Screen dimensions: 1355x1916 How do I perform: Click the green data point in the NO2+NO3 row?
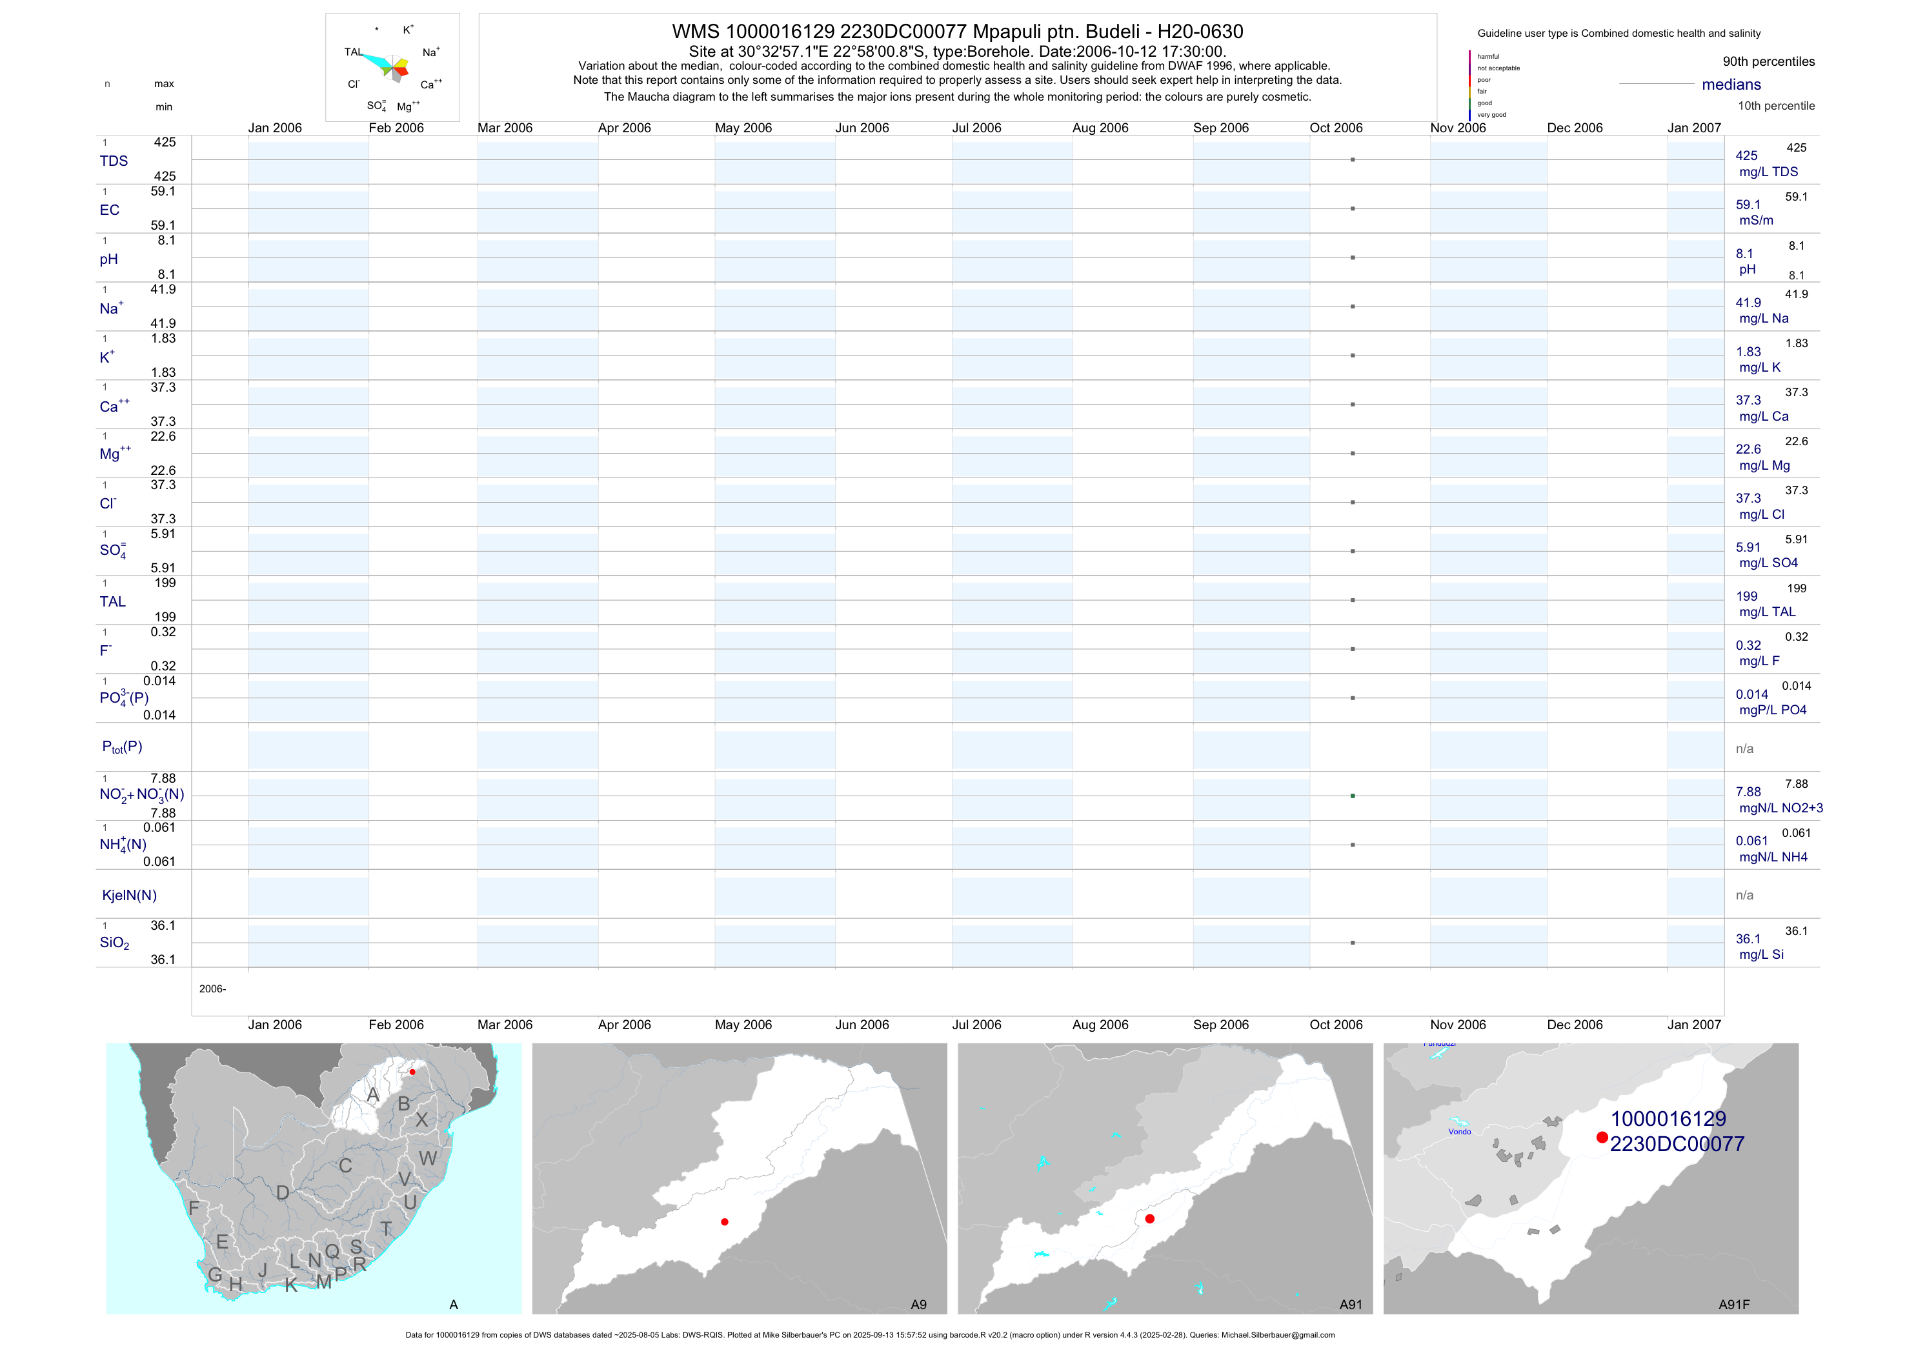coord(1353,796)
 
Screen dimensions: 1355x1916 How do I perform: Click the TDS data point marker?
coord(1353,159)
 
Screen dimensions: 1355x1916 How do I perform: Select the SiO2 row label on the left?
coord(114,943)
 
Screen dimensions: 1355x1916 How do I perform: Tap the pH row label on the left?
coord(108,259)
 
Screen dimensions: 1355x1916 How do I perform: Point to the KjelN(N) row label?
coord(129,896)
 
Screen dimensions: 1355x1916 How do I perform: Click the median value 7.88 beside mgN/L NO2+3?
coord(1748,792)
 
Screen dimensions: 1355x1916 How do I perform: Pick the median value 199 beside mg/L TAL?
coord(1746,597)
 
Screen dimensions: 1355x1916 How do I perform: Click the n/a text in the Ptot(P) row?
coord(1744,748)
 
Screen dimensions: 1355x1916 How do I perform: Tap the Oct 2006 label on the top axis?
coord(1336,128)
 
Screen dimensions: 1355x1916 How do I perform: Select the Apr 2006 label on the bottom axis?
coord(624,1025)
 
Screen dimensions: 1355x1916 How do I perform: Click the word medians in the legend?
coord(1731,85)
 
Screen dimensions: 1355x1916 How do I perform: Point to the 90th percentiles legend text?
coord(1768,62)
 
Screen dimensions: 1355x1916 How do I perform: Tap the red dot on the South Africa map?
coord(412,1072)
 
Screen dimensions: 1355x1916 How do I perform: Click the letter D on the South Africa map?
coord(283,1193)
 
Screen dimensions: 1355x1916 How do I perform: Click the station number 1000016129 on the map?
coord(1668,1119)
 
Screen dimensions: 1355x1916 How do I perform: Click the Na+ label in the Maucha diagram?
coord(430,52)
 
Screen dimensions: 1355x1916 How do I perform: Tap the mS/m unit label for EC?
coord(1756,220)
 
